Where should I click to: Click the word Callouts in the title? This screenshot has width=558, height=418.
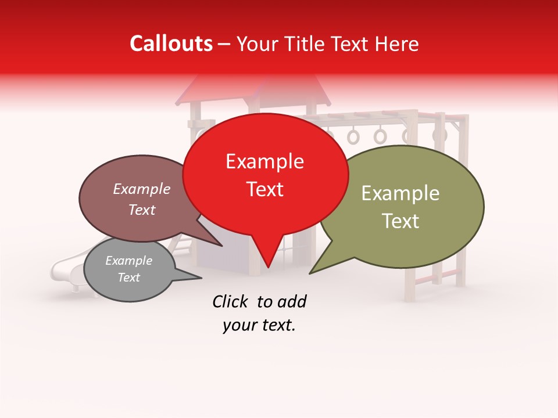[x=171, y=44]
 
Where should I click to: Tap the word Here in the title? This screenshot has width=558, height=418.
[x=396, y=44]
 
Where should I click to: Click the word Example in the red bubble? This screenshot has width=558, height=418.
[x=264, y=161]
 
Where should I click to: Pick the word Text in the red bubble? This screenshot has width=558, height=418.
[x=264, y=189]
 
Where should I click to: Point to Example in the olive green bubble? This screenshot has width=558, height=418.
[x=400, y=193]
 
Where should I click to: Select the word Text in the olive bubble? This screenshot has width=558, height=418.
[x=400, y=221]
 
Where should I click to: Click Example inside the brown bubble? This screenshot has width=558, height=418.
[x=141, y=189]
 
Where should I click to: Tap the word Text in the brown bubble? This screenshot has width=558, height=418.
[x=141, y=210]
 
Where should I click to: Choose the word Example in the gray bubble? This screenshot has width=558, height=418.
[x=128, y=261]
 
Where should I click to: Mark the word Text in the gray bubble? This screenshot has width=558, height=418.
[x=128, y=278]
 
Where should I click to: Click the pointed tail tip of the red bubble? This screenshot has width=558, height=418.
[x=268, y=268]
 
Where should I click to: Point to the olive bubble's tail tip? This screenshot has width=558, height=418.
[x=310, y=273]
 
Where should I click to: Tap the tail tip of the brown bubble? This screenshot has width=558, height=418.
[x=223, y=246]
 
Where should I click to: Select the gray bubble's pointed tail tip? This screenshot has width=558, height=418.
[x=202, y=278]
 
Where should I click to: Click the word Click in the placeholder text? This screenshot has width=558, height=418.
[x=231, y=301]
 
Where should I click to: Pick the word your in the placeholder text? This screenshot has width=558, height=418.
[x=239, y=326]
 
